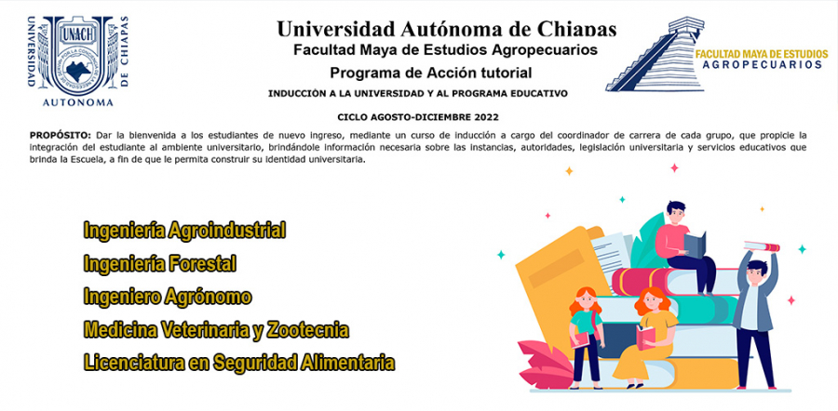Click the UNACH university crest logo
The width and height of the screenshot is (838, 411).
[78, 60]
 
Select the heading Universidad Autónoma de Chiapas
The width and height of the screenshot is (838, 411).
[446, 29]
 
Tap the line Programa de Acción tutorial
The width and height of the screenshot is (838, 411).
[430, 72]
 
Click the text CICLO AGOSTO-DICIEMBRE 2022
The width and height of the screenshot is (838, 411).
[417, 116]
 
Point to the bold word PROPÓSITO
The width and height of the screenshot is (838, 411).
[61, 135]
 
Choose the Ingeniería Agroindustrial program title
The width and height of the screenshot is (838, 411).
[184, 231]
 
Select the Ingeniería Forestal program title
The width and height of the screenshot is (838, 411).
[160, 264]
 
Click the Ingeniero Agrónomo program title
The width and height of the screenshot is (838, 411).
[168, 297]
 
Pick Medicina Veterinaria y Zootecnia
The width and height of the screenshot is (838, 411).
[216, 330]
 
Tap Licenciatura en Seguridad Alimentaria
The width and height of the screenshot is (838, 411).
[239, 363]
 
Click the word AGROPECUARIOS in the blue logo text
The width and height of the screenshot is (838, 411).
[762, 64]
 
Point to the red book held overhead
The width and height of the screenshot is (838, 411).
[762, 246]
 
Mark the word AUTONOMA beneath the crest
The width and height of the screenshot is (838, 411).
[78, 102]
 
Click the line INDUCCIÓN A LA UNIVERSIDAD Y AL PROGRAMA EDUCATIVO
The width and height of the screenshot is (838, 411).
[417, 93]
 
